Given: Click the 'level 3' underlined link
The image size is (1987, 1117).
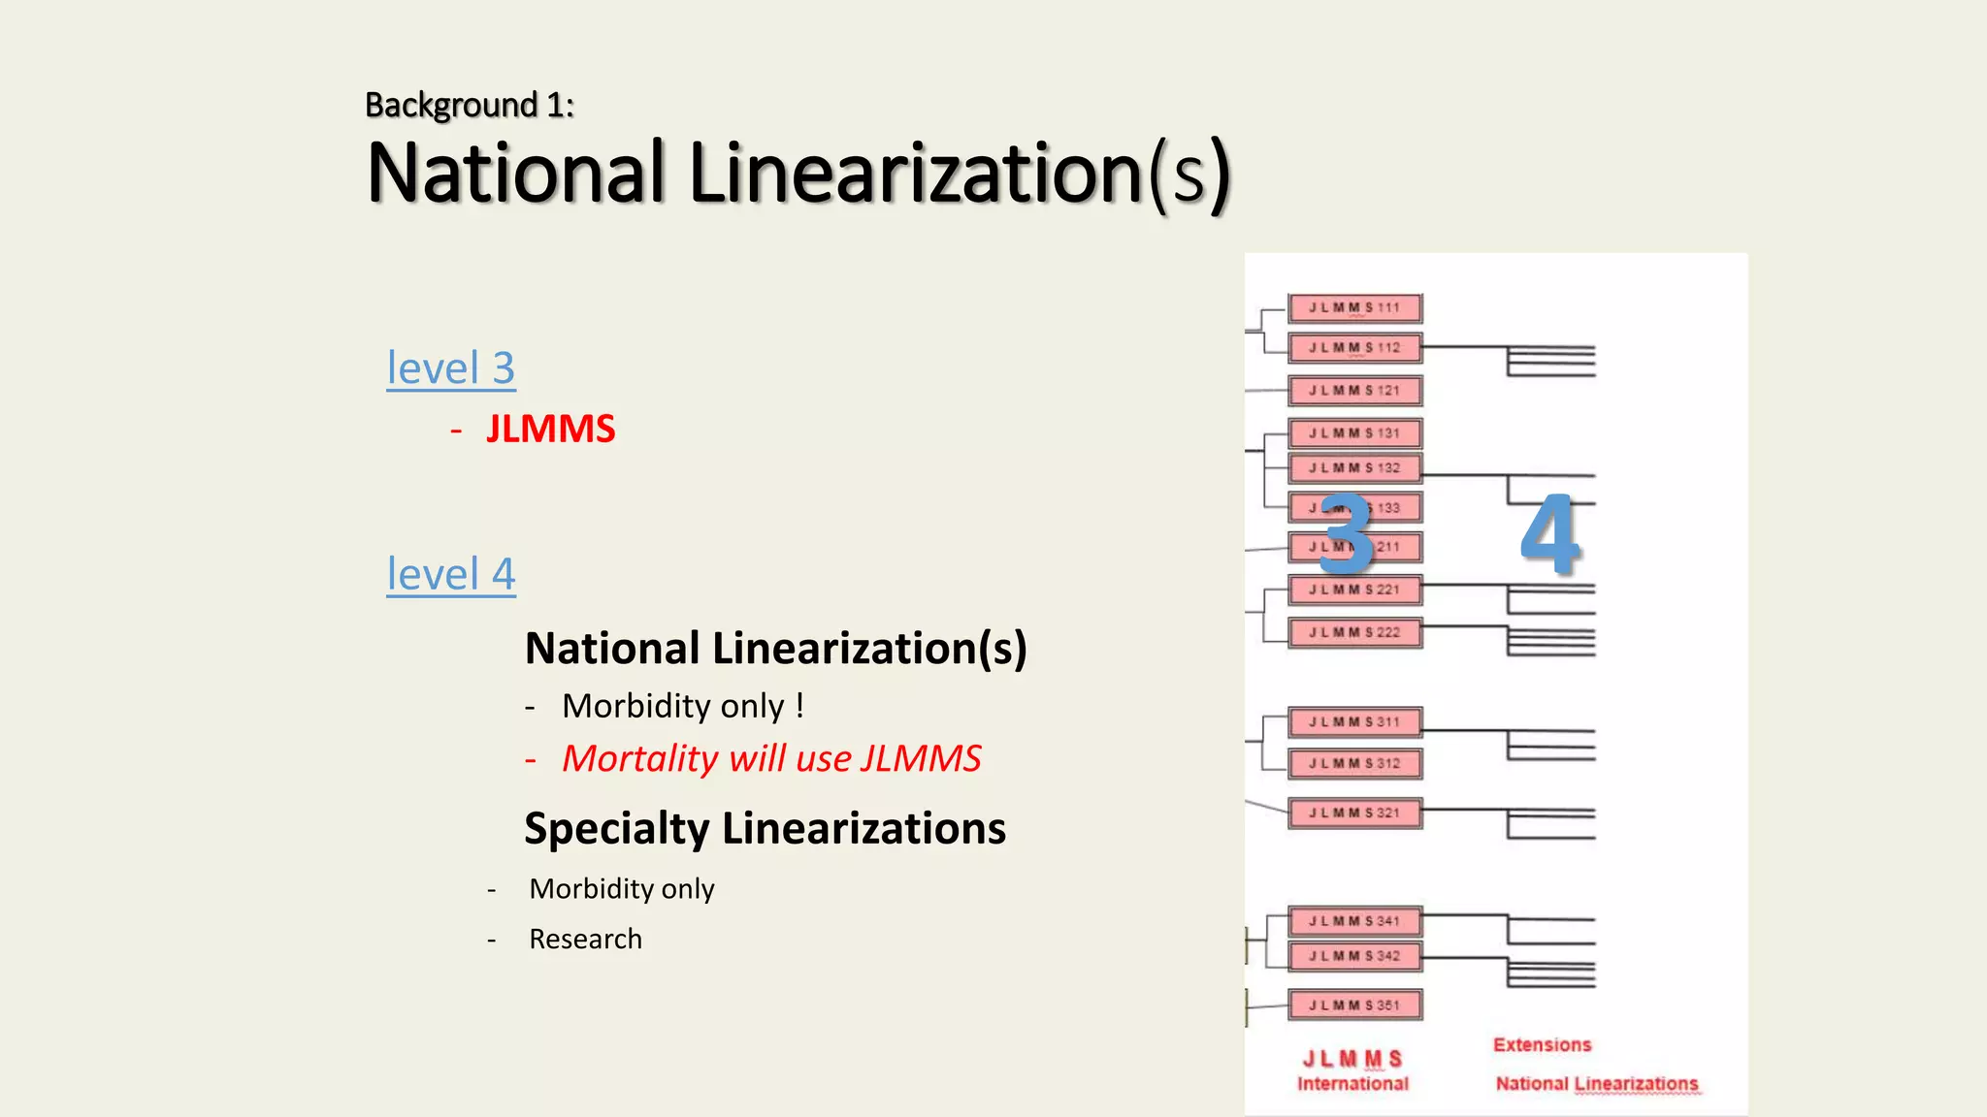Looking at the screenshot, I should [451, 368].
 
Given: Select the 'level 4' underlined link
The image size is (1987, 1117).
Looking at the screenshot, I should [451, 574].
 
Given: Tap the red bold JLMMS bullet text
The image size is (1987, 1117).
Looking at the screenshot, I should [550, 430].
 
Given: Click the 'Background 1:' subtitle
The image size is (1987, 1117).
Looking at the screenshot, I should [470, 105].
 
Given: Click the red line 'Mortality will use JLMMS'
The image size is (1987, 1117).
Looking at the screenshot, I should [771, 758].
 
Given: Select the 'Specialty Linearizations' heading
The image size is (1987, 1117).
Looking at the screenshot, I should [765, 829].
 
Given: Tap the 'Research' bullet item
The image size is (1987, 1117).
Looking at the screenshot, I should [585, 939].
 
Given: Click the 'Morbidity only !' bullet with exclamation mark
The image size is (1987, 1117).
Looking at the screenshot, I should [682, 706].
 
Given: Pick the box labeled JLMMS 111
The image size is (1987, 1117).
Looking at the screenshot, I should [1354, 308].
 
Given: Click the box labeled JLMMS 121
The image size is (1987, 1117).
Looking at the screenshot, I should [1354, 391].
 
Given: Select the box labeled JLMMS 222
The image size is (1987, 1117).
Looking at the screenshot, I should [1354, 632].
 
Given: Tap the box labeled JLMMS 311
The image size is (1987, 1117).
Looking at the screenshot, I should [1354, 722].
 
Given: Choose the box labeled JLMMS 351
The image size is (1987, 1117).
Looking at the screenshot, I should [1354, 1005].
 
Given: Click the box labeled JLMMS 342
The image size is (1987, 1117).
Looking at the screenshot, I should [1354, 956].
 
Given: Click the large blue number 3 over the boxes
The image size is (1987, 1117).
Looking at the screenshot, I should [1347, 534].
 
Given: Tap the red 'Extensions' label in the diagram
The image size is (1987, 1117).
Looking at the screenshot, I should [1542, 1045].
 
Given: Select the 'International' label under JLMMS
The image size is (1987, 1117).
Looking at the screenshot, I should [1352, 1084].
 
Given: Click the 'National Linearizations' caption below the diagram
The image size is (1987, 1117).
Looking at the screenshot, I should [1596, 1084].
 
